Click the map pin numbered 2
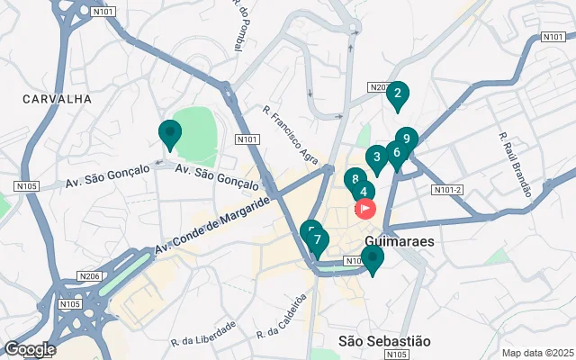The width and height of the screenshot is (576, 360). pos(397,93)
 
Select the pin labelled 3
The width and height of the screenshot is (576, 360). pos(376,157)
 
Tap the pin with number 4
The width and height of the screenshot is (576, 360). pos(364,192)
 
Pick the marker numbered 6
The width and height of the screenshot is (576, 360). pos(396,153)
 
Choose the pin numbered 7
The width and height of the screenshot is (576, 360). pos(317,241)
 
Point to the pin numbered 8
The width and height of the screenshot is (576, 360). pos(355,180)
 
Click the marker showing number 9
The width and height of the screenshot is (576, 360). pos(407,139)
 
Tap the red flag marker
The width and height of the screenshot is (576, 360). pos(366,209)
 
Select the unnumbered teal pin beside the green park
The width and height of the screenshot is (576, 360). pos(169,133)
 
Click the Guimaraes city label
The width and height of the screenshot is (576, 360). pos(401,242)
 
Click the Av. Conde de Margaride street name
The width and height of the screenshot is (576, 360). pos(212,224)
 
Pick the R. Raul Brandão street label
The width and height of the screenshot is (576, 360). pos(517,164)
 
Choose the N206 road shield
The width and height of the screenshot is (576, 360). pos(88,276)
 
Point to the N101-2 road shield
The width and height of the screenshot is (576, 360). pos(447,190)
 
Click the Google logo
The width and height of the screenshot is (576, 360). pos(29,349)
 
